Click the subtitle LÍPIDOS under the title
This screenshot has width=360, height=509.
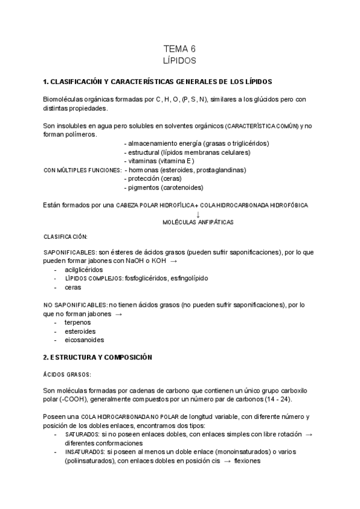[179, 61]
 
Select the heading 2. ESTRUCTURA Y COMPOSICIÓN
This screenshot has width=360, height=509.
[98, 357]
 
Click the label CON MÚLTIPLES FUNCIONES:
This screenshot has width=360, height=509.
[83, 170]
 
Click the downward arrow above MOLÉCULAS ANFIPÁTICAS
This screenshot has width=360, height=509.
[198, 214]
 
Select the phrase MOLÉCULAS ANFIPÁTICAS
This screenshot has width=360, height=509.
[198, 222]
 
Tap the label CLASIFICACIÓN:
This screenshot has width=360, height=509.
[65, 237]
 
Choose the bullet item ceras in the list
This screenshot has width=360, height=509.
[73, 288]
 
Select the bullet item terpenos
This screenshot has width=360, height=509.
[78, 322]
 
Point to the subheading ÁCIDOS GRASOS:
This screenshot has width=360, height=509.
[67, 374]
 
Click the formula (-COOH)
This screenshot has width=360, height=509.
[71, 400]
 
